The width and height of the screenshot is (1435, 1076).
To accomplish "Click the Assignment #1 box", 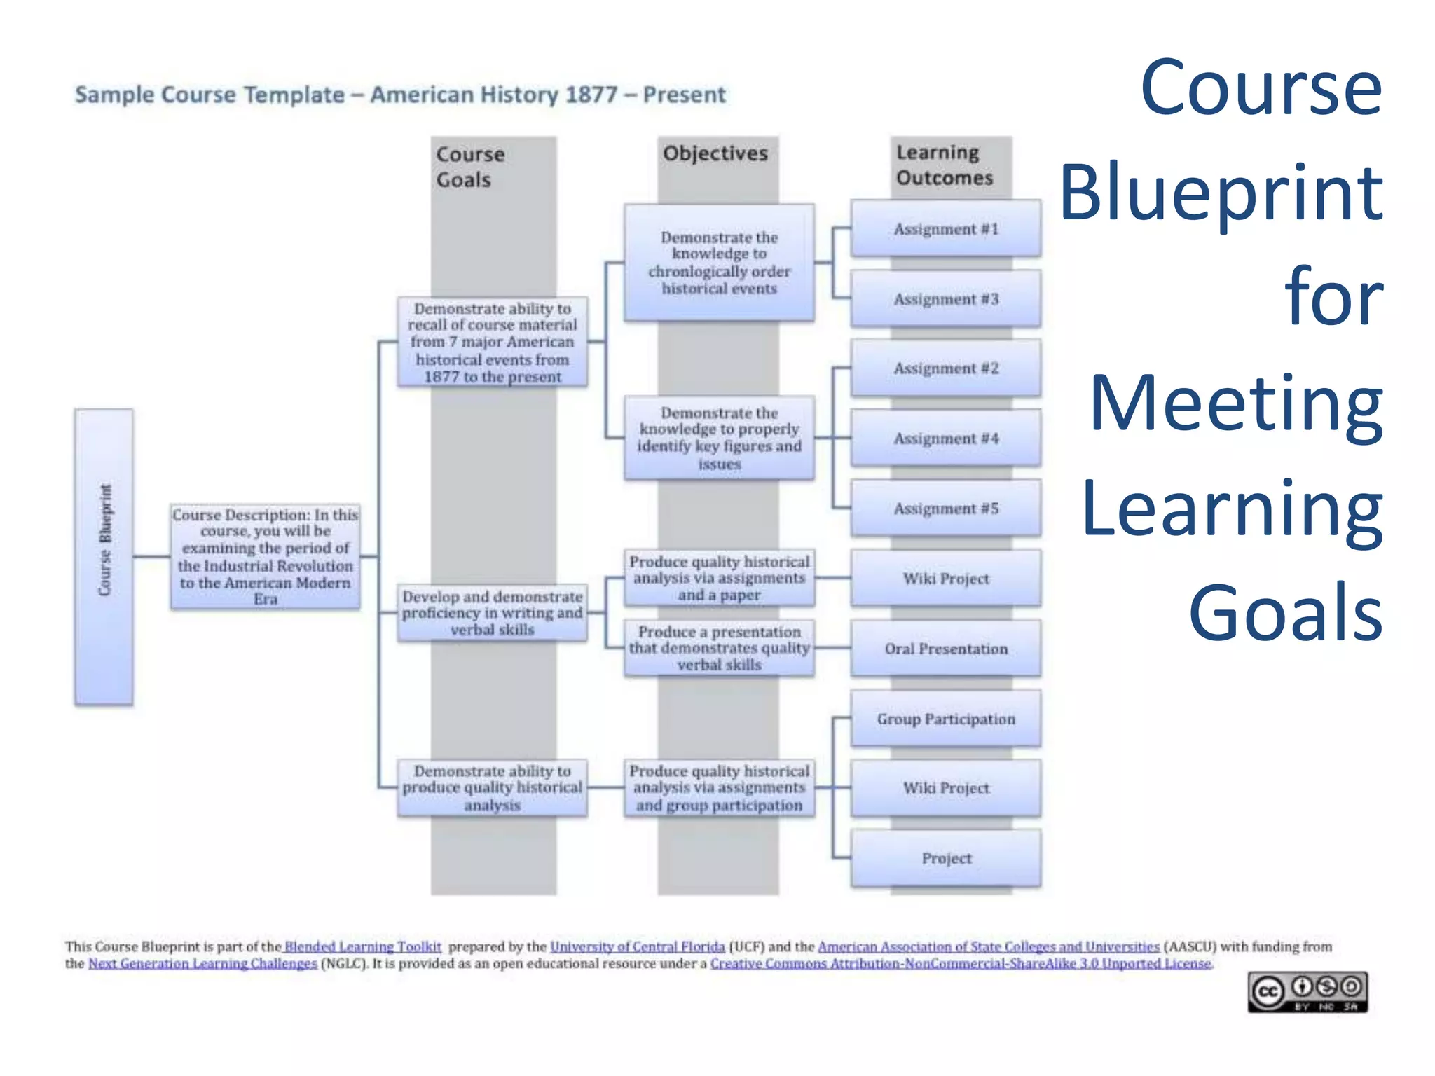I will [945, 229].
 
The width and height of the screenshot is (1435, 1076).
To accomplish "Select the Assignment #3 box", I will [945, 299].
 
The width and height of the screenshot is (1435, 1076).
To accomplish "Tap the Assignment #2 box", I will [945, 368].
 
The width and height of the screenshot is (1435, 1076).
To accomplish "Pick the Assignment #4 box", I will [945, 439].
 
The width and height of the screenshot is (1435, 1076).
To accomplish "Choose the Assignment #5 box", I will [945, 509].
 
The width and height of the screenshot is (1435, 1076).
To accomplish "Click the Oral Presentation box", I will [945, 649].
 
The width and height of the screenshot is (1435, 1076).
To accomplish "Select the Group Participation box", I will [945, 719].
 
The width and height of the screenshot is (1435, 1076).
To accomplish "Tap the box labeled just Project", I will [945, 858].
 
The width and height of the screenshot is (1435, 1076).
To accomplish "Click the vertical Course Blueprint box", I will [104, 557].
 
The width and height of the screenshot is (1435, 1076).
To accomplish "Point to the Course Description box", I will [265, 557].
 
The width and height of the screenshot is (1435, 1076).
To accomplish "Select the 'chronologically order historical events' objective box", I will [719, 263].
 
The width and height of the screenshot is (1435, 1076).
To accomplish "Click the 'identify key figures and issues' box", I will [719, 439].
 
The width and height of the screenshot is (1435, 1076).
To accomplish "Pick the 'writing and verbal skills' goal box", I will [492, 613].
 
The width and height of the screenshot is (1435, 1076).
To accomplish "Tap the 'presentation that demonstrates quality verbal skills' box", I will [719, 648].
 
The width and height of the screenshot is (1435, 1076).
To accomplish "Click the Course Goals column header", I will [470, 167].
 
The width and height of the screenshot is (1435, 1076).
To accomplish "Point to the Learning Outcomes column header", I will [944, 165].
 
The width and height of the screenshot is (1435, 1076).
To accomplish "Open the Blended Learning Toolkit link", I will [363, 946].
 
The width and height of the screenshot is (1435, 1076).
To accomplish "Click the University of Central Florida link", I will [637, 946].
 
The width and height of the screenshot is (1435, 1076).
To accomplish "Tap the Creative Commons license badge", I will [1307, 992].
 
